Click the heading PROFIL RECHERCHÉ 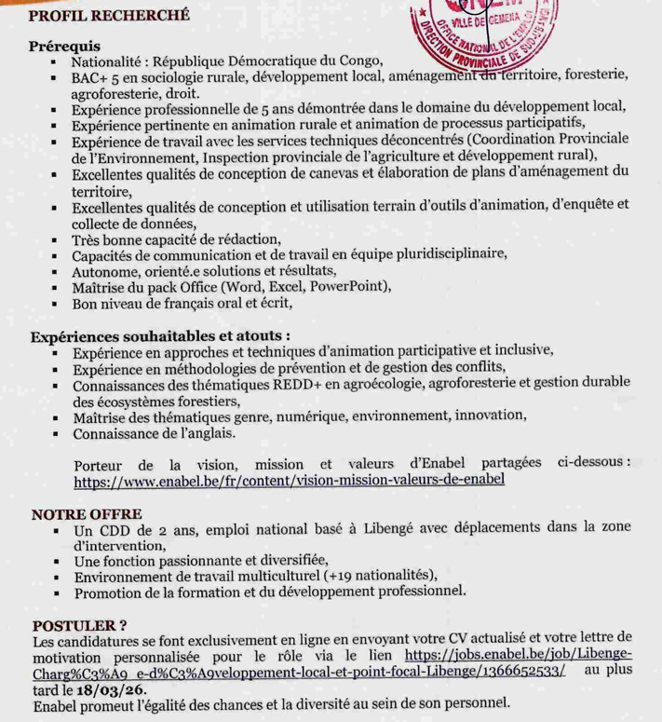click(x=109, y=15)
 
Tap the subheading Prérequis click(x=64, y=46)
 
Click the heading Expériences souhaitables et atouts click(x=158, y=334)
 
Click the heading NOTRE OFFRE click(x=86, y=513)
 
